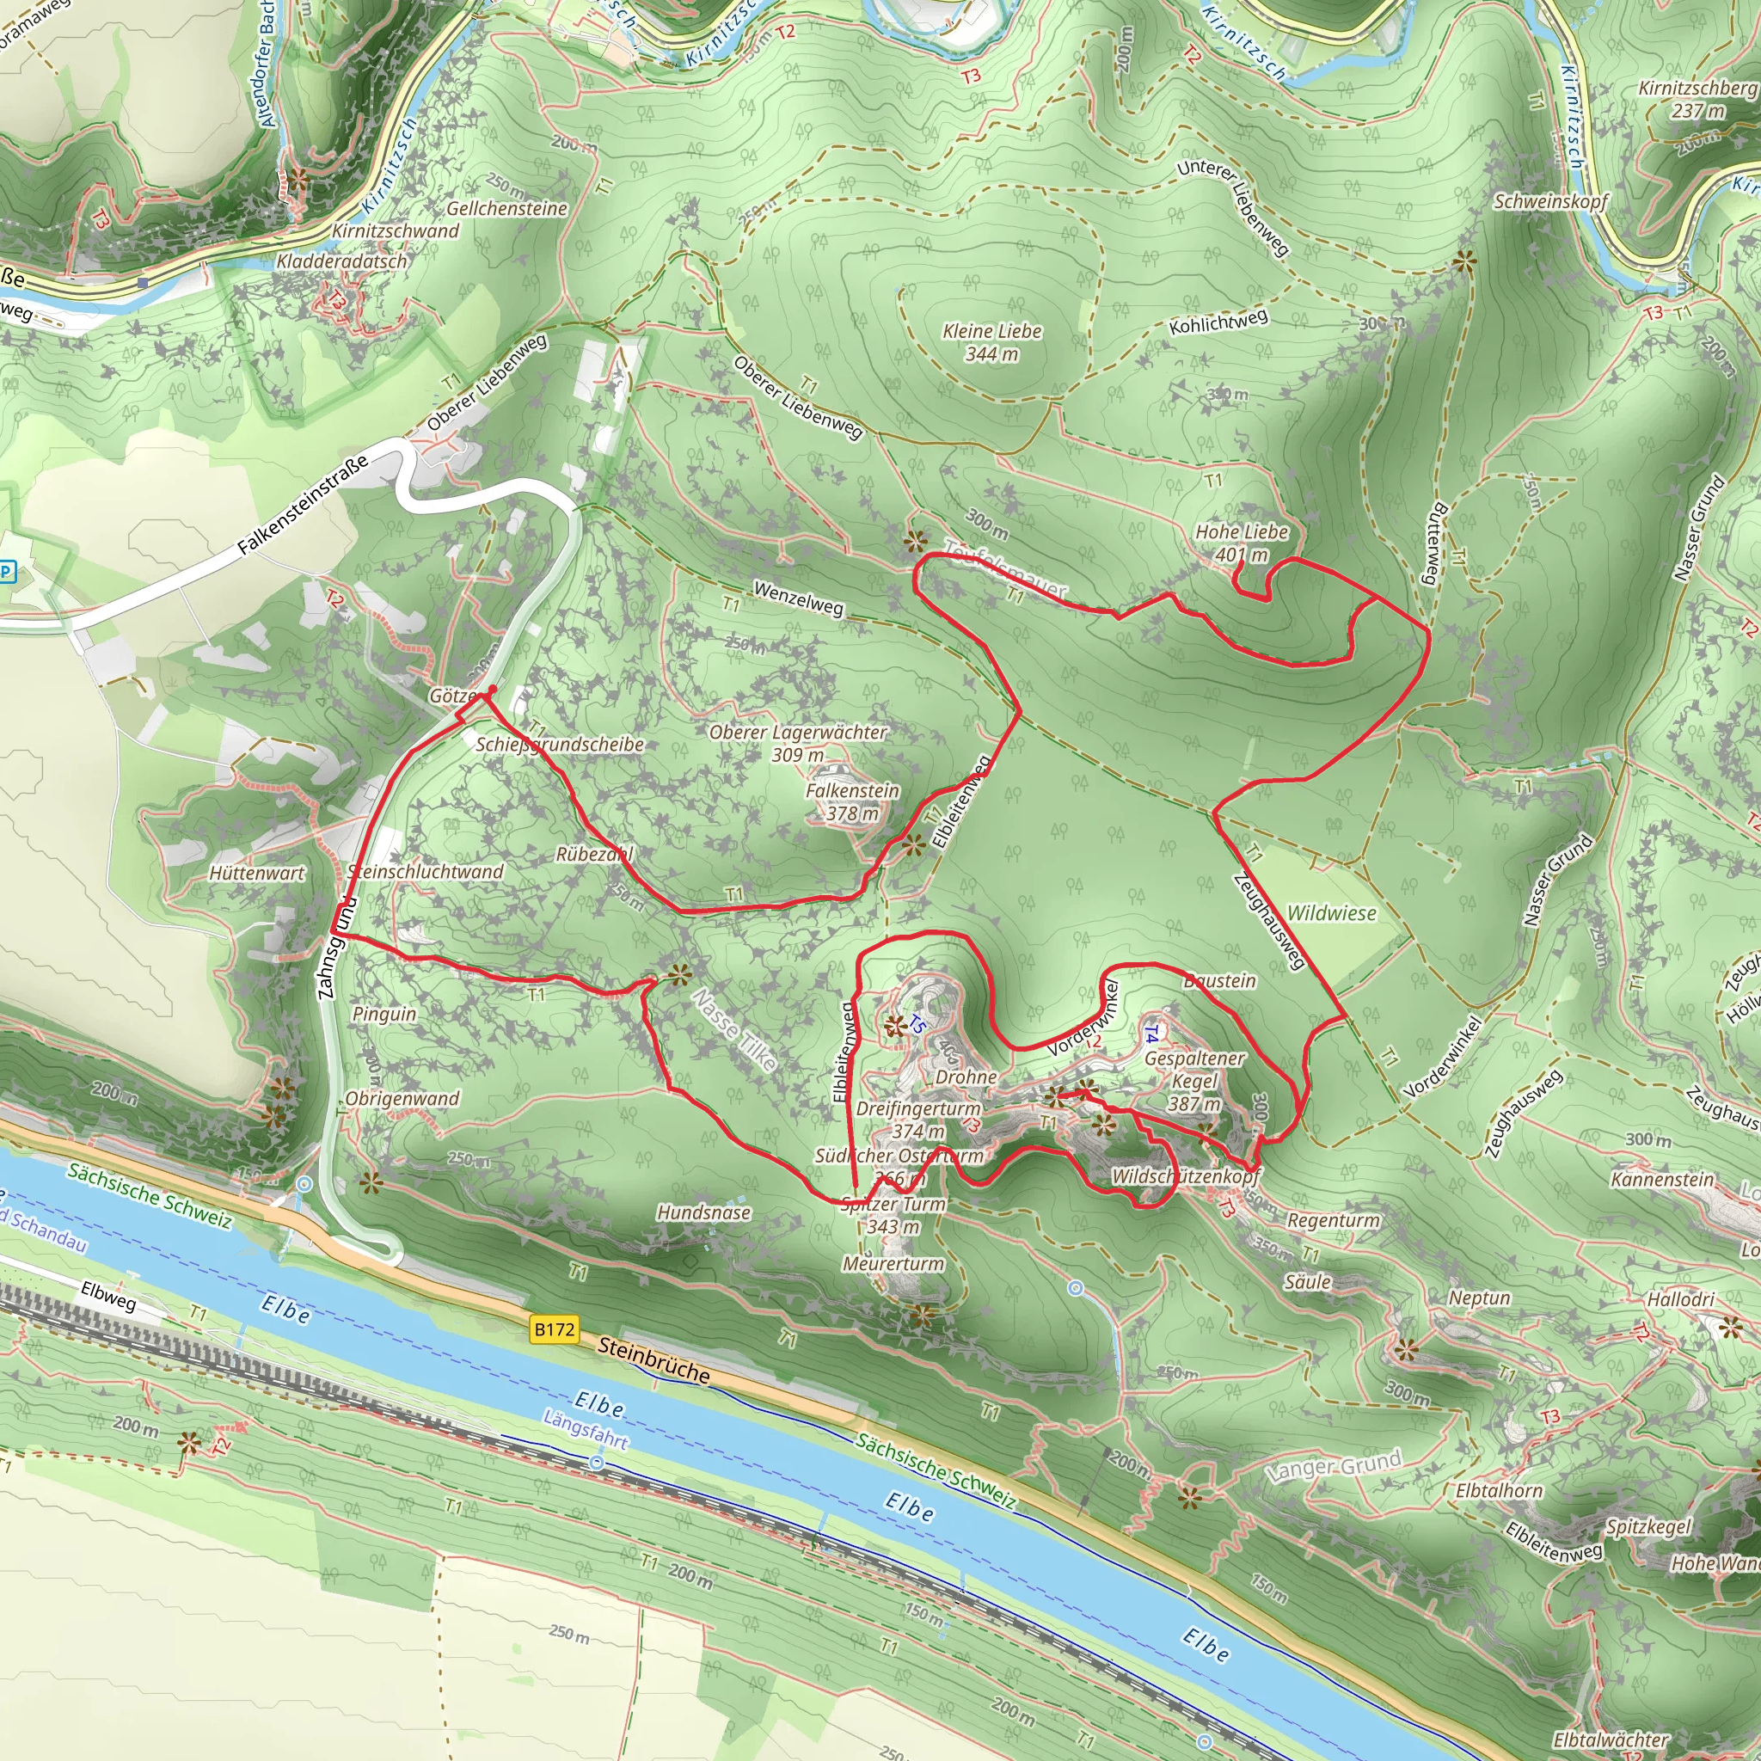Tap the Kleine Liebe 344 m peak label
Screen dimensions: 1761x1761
click(991, 342)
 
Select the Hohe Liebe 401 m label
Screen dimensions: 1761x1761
click(1242, 543)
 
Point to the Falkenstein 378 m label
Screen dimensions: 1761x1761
click(852, 801)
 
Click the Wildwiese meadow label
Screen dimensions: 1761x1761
click(1331, 913)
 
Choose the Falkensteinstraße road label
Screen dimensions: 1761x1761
click(303, 504)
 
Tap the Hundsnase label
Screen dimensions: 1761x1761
click(703, 1212)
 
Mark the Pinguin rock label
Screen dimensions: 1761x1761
click(383, 1014)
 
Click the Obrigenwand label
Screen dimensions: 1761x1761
click(402, 1098)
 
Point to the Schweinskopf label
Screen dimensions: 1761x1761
click(1550, 201)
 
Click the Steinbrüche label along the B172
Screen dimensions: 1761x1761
click(653, 1359)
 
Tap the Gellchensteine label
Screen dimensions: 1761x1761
click(506, 209)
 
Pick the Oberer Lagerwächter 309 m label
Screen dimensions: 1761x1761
click(798, 743)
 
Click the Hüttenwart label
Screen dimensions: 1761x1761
click(257, 872)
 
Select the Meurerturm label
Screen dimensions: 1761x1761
click(893, 1263)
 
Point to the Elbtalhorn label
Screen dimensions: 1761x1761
click(1500, 1490)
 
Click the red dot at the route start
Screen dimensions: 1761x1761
click(492, 689)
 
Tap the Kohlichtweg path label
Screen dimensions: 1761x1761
click(1218, 322)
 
